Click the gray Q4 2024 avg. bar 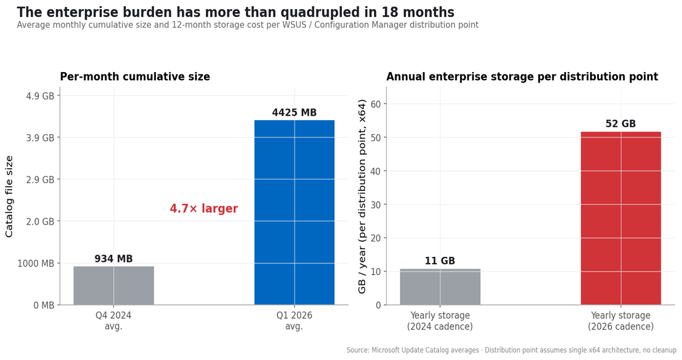click(113, 285)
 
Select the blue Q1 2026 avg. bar click(294, 212)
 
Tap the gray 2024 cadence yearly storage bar click(440, 287)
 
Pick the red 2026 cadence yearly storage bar click(620, 218)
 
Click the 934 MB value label click(113, 259)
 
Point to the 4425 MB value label click(294, 113)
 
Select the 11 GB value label click(440, 261)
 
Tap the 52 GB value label click(620, 124)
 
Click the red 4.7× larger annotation click(204, 209)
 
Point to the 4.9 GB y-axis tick click(41, 96)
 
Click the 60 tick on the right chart click(376, 104)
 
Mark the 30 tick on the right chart click(376, 205)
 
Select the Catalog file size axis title click(10, 196)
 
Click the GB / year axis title click(363, 196)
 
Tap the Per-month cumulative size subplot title click(135, 77)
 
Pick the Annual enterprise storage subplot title click(521, 77)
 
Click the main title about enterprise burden click(235, 12)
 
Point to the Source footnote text click(511, 350)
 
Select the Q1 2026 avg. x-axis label click(294, 321)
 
